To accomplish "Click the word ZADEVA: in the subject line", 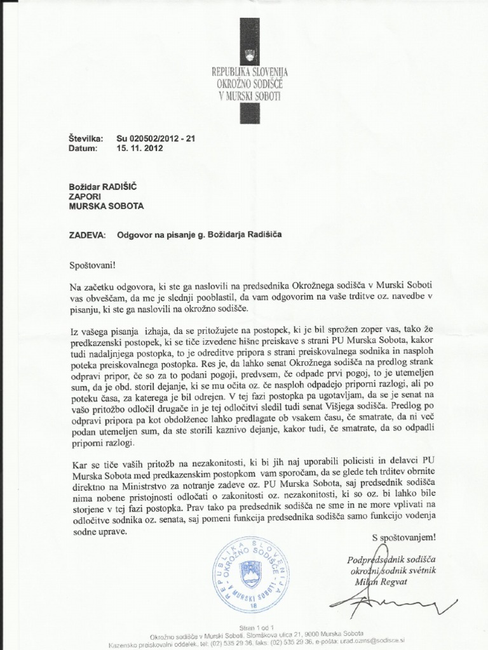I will (88, 234).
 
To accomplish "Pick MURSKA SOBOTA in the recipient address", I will (106, 206).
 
